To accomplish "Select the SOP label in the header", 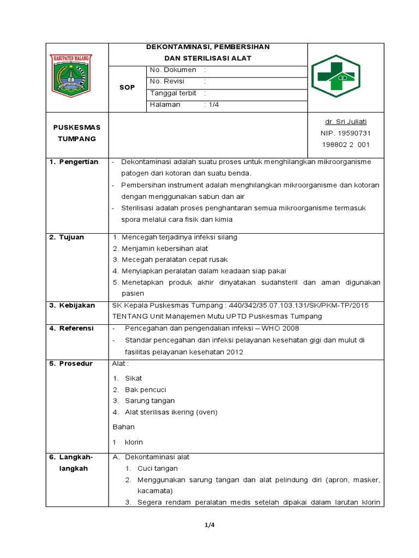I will [127, 87].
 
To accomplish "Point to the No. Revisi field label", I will [167, 81].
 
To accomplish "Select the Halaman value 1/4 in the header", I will [212, 105].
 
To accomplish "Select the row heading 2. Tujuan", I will [67, 237].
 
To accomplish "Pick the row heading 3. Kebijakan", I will [72, 305].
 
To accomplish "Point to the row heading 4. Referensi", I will [72, 328].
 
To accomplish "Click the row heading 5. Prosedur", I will [71, 363].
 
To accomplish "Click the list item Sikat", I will [133, 378].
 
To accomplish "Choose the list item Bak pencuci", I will [145, 390].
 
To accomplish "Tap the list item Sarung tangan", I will [149, 401].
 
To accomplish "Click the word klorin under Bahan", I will [134, 442].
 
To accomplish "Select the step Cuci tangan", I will [157, 468].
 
